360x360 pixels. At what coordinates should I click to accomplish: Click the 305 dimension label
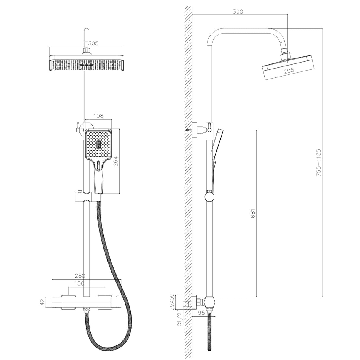coord(93,43)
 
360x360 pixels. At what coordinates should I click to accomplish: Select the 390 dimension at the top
coord(238,12)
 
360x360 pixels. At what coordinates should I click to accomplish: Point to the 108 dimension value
coord(98,116)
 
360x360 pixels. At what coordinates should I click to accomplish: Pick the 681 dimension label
coord(253,213)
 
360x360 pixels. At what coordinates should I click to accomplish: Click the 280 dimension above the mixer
coord(80,275)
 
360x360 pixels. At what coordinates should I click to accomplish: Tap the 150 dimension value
coord(79,283)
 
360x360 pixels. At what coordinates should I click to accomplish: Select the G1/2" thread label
coord(180,320)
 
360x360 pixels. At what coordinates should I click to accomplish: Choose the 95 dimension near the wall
coord(201,313)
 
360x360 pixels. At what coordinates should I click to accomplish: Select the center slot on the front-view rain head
coord(87,65)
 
